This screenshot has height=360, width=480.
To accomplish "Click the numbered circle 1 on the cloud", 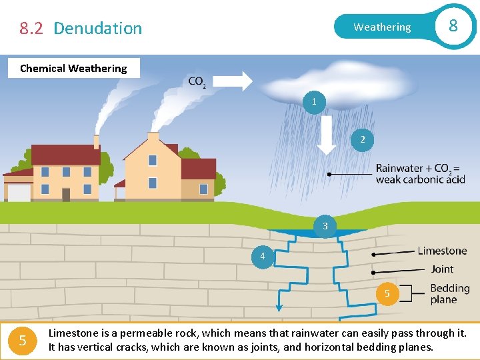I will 314,102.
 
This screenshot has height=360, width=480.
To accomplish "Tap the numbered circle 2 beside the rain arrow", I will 363,139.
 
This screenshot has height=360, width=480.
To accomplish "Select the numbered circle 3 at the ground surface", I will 325,226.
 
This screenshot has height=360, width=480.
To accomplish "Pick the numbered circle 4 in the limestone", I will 263,257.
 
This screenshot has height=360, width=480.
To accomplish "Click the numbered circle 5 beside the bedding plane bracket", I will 387,293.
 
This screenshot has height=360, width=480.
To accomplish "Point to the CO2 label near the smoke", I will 197,82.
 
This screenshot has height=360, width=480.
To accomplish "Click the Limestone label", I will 442,251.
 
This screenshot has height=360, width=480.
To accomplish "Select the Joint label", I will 442,269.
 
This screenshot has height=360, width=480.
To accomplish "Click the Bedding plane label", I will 449,294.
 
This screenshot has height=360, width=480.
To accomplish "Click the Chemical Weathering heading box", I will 73,68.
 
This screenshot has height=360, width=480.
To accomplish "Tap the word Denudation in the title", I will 97,28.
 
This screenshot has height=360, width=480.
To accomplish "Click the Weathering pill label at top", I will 382,27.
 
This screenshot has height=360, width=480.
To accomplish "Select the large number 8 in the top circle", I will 453,26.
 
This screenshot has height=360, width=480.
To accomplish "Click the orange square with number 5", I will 23,341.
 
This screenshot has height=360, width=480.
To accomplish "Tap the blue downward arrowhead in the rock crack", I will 279,307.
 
